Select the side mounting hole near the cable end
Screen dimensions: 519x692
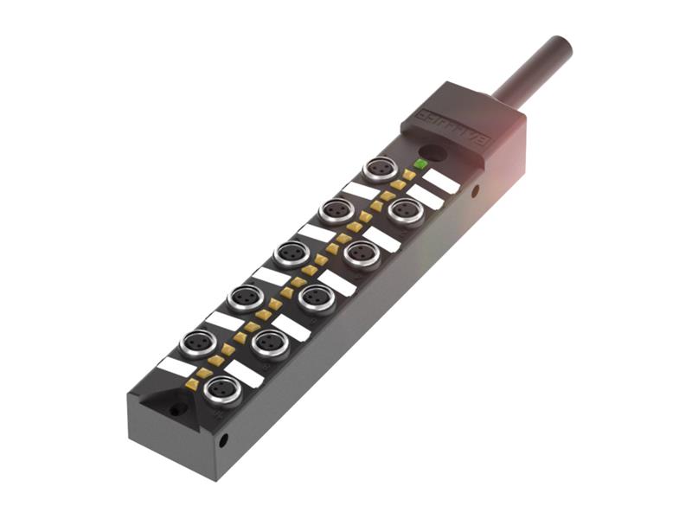click(473, 191)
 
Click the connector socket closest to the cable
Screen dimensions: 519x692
click(380, 168)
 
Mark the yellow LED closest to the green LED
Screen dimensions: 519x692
click(408, 175)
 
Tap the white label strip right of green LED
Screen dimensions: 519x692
click(441, 182)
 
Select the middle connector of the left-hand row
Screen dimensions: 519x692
click(292, 254)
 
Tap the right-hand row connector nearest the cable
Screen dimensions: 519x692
click(406, 210)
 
